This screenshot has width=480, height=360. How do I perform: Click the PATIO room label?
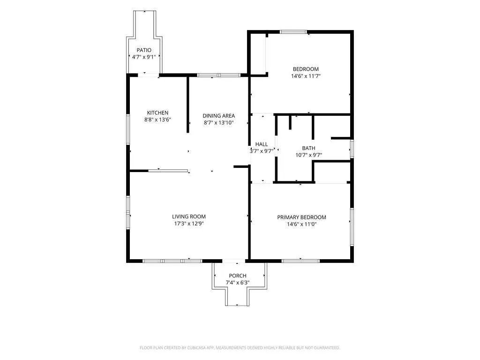144,50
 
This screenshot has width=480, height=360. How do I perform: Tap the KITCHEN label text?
157,113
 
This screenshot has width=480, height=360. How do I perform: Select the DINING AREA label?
218,116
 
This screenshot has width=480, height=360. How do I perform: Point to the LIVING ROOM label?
189,217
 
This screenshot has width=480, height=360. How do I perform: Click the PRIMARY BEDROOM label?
301,217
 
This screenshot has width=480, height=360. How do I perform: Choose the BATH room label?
308,148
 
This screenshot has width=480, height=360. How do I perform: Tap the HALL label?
262,144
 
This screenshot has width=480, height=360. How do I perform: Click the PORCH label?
238,276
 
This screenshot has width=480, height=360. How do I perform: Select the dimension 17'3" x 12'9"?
189,224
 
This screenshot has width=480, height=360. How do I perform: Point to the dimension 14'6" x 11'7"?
306,76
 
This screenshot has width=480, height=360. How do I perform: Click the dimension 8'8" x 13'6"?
157,120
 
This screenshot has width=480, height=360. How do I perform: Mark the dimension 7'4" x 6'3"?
238,283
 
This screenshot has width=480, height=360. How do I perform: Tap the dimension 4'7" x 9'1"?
144,57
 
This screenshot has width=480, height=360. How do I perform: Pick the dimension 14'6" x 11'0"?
301,224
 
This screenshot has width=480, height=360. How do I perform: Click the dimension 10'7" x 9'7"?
308,155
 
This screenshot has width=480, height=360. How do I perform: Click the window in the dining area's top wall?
218,75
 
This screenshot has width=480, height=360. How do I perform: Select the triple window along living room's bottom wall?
172,261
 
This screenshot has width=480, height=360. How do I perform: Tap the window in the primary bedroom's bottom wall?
300,261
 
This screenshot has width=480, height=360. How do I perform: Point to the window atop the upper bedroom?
293,31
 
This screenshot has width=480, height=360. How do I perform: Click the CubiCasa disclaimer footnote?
240,348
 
